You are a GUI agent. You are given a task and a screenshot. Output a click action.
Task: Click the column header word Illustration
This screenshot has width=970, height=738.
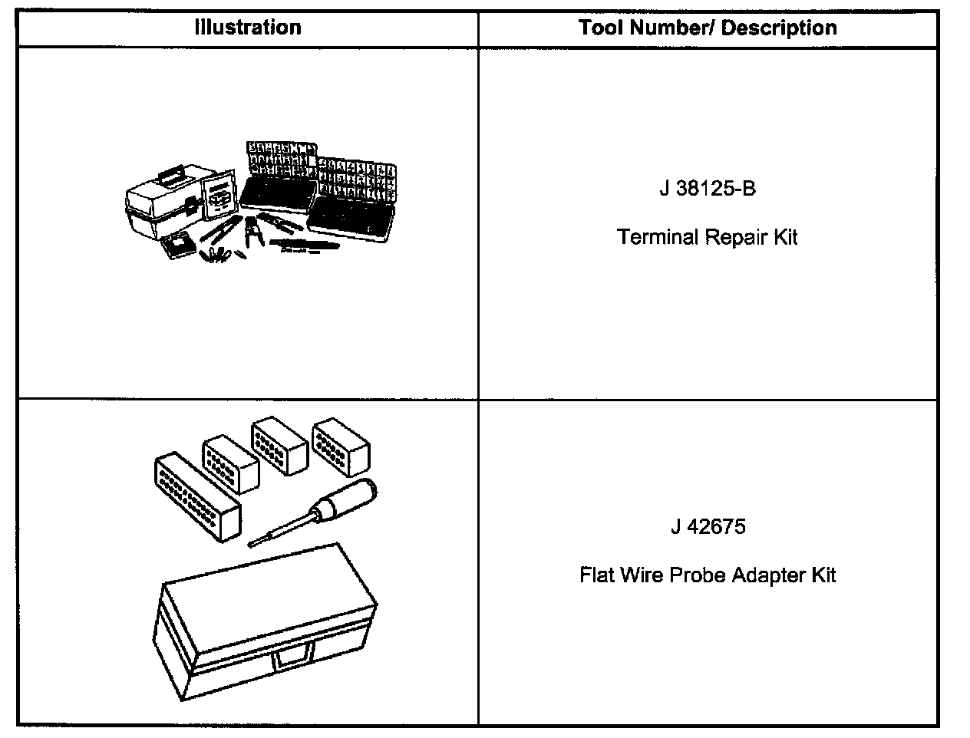coord(248,28)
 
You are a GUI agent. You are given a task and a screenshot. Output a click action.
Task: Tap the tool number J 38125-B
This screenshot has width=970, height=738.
coord(707,189)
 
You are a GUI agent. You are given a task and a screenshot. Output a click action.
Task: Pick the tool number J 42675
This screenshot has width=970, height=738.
coord(707,527)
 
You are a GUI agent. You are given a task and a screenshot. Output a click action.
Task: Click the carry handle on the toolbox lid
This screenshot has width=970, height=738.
coord(172,171)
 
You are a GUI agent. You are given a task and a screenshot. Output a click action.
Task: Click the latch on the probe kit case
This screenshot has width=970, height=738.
coord(294,654)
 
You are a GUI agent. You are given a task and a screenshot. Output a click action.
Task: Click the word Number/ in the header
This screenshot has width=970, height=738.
coord(668,28)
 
